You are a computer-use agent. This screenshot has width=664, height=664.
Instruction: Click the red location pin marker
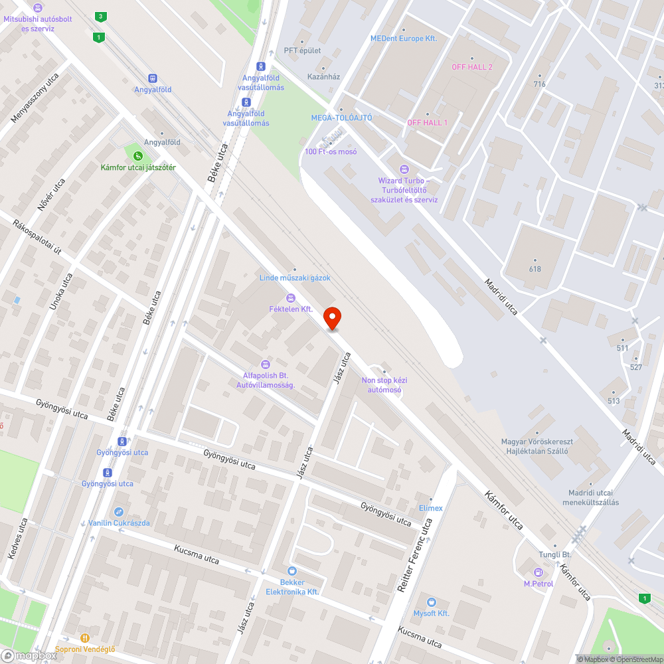point(332,318)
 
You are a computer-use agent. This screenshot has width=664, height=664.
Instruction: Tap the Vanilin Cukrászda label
point(120,523)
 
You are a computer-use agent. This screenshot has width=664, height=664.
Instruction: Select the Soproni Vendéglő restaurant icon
point(85,638)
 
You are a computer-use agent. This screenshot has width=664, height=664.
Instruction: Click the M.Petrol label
point(539,584)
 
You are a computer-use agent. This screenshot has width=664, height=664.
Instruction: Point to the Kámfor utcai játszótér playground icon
point(137,155)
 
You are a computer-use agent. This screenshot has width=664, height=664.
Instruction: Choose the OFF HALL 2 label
point(472,67)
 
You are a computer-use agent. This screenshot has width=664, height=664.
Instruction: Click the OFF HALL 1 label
point(427,123)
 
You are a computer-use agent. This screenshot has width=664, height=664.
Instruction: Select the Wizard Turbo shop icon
point(404,169)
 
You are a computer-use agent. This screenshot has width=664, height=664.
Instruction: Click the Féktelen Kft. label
point(291,309)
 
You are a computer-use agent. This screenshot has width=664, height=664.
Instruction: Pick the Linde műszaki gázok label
point(295,278)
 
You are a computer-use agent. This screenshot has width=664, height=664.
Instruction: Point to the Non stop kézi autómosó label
point(384,385)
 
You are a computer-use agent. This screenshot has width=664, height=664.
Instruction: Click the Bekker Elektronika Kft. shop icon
point(292,571)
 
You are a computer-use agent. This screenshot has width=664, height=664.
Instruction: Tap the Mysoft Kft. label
point(432,613)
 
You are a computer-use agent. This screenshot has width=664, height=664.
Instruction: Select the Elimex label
point(431,508)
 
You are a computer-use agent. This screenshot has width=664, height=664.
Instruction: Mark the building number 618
point(535,269)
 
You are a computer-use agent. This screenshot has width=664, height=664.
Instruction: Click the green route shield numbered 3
point(100,16)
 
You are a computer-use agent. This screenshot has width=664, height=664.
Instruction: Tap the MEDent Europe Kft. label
point(404,39)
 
